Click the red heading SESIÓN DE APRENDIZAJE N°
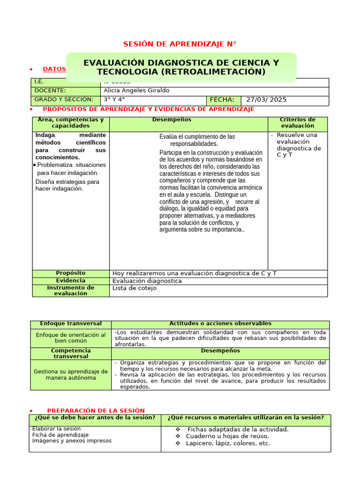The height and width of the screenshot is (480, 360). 180,44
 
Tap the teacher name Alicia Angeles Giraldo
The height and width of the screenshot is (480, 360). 136,90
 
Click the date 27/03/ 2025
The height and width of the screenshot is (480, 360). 266,100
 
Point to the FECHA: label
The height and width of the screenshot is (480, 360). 222,100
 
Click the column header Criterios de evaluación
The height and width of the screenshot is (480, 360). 297,123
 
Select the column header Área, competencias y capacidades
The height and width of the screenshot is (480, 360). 71,123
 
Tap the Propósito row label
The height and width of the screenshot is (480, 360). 71,273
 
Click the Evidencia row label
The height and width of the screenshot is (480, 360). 71,280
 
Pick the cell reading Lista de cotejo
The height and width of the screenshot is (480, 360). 135,288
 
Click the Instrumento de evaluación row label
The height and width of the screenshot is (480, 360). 71,291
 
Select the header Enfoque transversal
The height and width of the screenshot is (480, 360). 70,324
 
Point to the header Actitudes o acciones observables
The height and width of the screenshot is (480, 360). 220,324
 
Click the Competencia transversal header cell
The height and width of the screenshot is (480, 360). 71,353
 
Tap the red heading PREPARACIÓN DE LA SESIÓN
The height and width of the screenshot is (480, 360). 96,411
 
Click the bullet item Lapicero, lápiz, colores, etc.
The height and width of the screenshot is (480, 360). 228,443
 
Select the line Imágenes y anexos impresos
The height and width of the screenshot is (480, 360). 72,441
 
